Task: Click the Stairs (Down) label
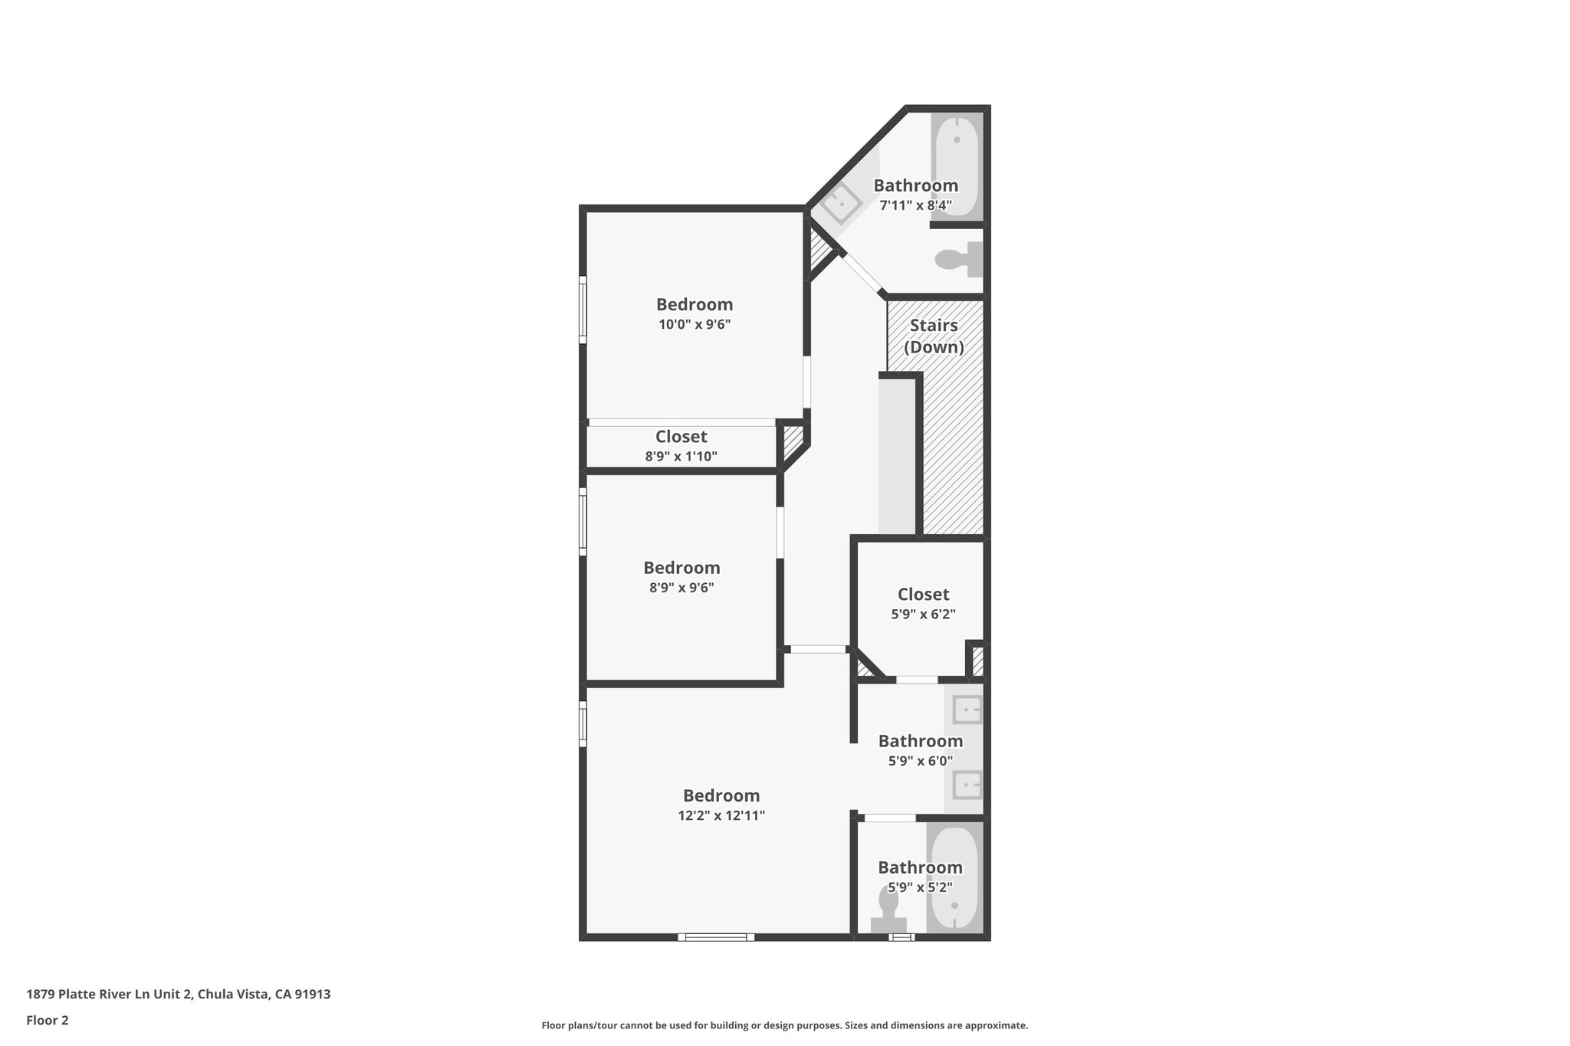click(934, 336)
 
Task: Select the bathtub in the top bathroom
click(957, 164)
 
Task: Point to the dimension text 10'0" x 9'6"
click(695, 324)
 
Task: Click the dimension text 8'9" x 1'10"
click(681, 457)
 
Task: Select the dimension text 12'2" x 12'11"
click(721, 815)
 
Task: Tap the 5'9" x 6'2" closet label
click(923, 595)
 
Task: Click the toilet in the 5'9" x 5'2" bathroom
click(888, 912)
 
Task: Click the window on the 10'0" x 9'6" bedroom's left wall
click(583, 310)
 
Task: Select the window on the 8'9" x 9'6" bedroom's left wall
click(583, 525)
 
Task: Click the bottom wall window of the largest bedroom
click(715, 936)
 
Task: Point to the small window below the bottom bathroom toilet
click(901, 936)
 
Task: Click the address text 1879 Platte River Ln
click(179, 994)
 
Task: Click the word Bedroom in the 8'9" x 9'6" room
click(682, 568)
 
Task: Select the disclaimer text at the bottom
click(784, 1025)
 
